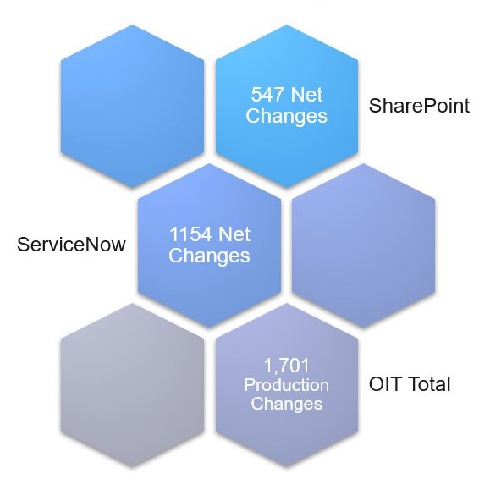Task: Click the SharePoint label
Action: pyautogui.click(x=419, y=106)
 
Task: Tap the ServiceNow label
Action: pyautogui.click(x=71, y=245)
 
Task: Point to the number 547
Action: pyautogui.click(x=267, y=95)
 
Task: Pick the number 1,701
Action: pyautogui.click(x=287, y=366)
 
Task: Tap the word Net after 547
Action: pyautogui.click(x=306, y=95)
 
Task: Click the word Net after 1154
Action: pyautogui.click(x=234, y=234)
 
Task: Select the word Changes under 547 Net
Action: pyautogui.click(x=287, y=116)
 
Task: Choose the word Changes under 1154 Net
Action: pyautogui.click(x=209, y=256)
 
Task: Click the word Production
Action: pyautogui.click(x=287, y=385)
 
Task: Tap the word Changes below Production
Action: pyautogui.click(x=287, y=404)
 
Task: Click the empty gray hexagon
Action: pyautogui.click(x=132, y=385)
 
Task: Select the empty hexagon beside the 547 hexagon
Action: pyautogui.click(x=132, y=107)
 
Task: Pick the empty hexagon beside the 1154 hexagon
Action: pyautogui.click(x=363, y=245)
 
